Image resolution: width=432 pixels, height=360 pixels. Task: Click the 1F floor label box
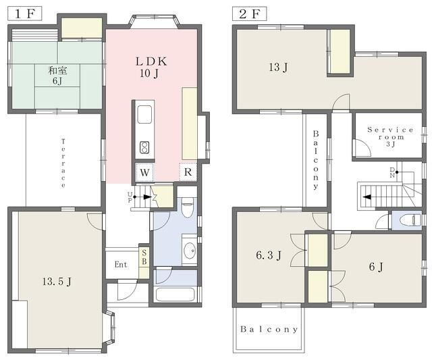click(25, 14)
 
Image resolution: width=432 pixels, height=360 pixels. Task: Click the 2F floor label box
click(250, 14)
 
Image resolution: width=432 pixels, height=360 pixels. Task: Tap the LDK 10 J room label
click(151, 68)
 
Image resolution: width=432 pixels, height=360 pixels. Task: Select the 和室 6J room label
click(57, 75)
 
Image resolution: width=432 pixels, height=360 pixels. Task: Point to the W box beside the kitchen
click(144, 172)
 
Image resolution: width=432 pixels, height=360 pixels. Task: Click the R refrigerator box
click(188, 172)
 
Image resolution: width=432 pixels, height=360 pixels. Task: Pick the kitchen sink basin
click(144, 114)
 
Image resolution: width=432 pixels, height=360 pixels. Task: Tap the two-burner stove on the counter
click(144, 147)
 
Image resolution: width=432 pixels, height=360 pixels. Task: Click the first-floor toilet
click(188, 207)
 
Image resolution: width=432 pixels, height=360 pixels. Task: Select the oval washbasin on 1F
click(189, 251)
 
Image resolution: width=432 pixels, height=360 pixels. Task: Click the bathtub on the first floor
click(175, 294)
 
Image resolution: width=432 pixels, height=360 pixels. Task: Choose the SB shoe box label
click(144, 257)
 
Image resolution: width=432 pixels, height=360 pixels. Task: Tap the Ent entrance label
click(121, 265)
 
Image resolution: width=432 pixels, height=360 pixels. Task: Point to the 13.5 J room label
click(57, 282)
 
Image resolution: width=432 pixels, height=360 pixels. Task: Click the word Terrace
click(63, 163)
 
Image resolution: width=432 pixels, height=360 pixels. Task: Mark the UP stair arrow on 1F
click(143, 197)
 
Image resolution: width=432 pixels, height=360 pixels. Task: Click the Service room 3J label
click(390, 137)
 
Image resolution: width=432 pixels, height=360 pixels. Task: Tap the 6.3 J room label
click(269, 255)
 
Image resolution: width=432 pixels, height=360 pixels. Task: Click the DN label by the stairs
click(392, 172)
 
